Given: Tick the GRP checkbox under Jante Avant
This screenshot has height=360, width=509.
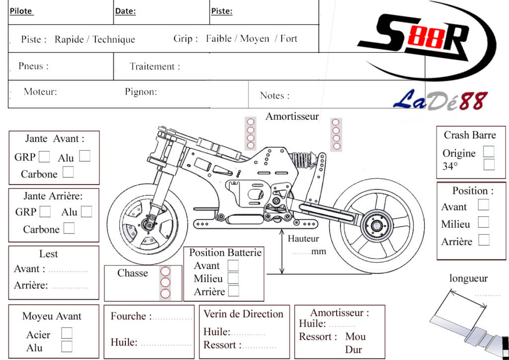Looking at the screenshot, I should tap(44, 157).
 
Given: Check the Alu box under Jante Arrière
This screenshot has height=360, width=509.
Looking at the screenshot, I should tap(86, 212).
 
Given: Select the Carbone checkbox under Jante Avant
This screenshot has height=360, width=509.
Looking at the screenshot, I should tap(68, 173).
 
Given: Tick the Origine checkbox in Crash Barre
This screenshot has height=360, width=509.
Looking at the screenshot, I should tap(489, 151).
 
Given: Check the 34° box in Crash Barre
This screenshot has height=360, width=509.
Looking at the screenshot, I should tap(489, 165).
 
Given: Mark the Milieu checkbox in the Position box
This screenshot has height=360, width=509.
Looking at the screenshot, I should tap(483, 222).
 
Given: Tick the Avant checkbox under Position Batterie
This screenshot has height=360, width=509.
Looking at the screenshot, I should tap(233, 266).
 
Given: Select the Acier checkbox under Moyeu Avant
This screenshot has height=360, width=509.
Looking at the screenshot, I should tap(67, 333).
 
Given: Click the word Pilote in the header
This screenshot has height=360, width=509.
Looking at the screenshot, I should tap(21, 11).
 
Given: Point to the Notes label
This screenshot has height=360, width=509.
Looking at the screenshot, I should tap(274, 95).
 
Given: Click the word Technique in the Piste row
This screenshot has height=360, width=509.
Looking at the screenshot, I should tap(114, 39).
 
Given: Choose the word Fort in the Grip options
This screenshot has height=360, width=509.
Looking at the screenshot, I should tap(289, 38).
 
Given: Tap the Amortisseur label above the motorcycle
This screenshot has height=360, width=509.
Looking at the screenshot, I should tap(292, 116).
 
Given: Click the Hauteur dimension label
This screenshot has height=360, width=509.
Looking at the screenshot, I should tap(303, 239).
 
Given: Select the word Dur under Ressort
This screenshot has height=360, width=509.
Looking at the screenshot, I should tap(353, 350).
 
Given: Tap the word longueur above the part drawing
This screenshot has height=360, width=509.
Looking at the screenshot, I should tap(468, 278).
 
